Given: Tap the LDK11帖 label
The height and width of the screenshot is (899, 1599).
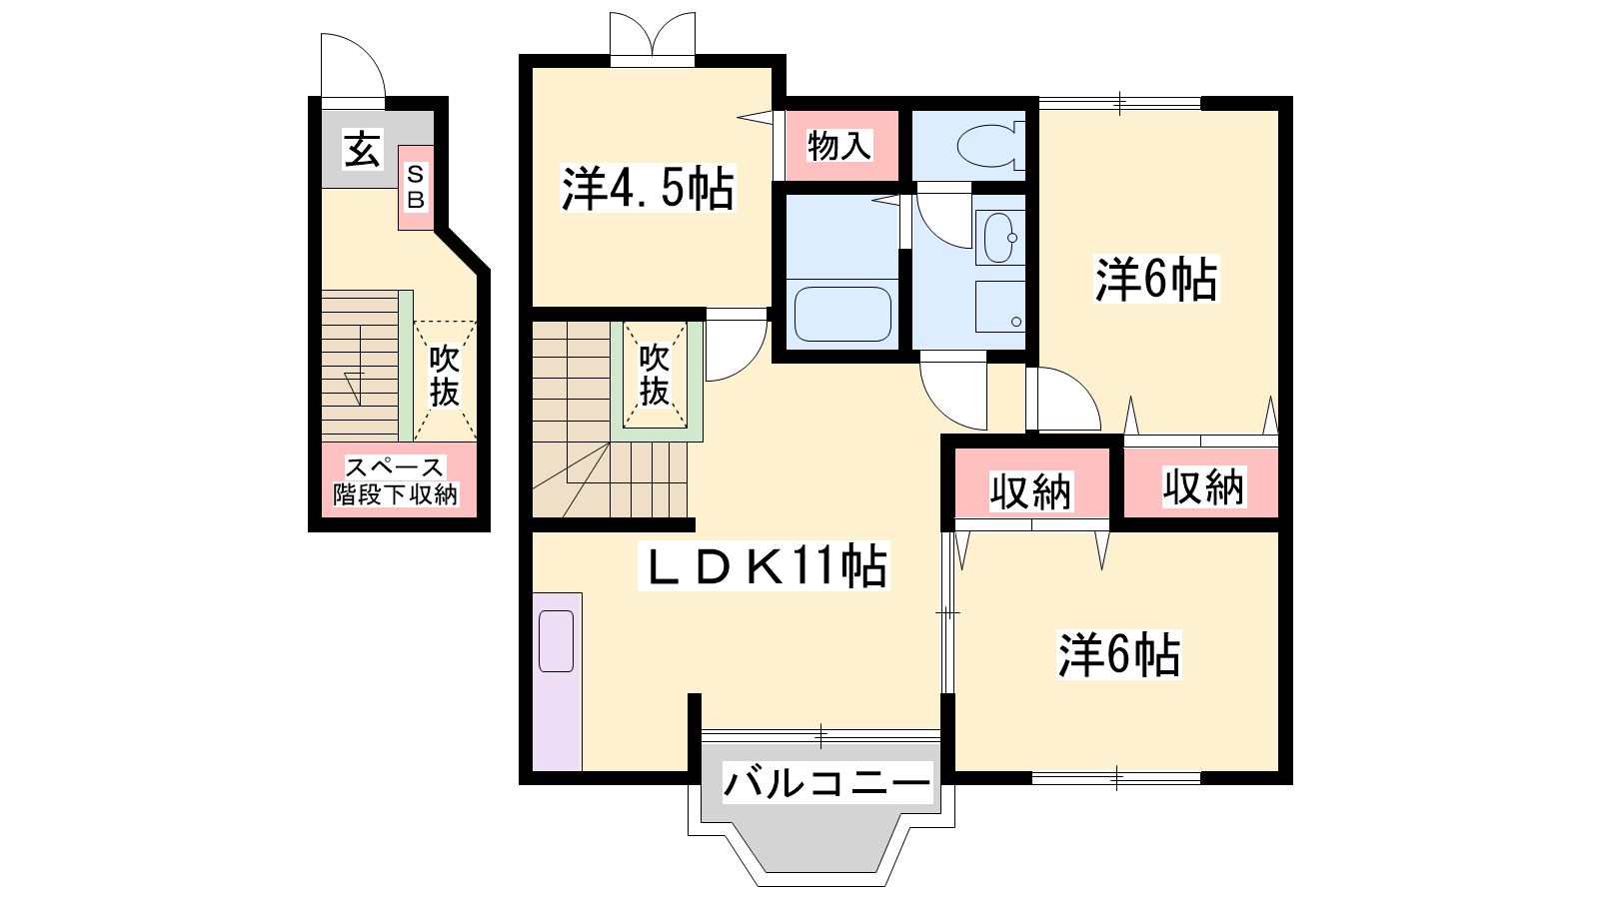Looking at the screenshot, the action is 764,565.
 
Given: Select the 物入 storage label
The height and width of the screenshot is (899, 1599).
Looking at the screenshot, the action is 838,146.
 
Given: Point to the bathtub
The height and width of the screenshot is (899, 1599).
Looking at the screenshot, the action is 843,314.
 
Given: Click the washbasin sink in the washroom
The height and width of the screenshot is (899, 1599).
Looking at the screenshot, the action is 999,238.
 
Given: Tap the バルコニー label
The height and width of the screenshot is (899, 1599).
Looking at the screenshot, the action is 827,783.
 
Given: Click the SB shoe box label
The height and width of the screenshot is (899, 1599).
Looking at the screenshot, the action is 416,187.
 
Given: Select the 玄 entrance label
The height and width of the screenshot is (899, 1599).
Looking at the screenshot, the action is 363,149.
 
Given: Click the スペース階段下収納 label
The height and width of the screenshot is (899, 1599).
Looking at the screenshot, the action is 395,480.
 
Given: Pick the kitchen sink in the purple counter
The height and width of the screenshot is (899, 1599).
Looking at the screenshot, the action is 556,640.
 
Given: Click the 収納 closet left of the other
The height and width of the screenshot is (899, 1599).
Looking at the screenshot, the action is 1030,491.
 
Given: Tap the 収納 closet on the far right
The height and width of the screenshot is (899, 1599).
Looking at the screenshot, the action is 1203,487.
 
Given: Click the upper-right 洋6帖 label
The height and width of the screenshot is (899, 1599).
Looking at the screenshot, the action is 1155,279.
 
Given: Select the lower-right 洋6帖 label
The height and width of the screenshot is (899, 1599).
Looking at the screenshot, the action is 1118,654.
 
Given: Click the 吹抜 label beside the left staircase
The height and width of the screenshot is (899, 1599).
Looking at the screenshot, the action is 444,376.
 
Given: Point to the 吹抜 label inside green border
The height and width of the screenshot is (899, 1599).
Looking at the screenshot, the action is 654,375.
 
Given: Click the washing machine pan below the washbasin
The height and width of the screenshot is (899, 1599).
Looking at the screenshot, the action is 1000,307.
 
